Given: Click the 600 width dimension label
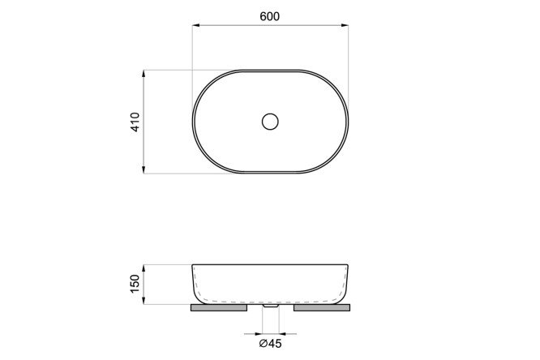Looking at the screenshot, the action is tap(270, 16).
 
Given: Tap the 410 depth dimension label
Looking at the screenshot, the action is tap(135, 122).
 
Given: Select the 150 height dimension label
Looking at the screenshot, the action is tap(135, 284).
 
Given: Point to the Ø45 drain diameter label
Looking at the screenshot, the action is tap(270, 344).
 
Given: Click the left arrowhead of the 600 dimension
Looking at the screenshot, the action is tap(196, 25).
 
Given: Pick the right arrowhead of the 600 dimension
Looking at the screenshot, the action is tap(345, 25).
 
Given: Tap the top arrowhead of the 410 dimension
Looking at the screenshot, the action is tap(144, 74).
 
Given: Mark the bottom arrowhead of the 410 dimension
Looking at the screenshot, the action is tap(144, 169).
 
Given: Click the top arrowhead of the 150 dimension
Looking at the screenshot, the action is tap(144, 268).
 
